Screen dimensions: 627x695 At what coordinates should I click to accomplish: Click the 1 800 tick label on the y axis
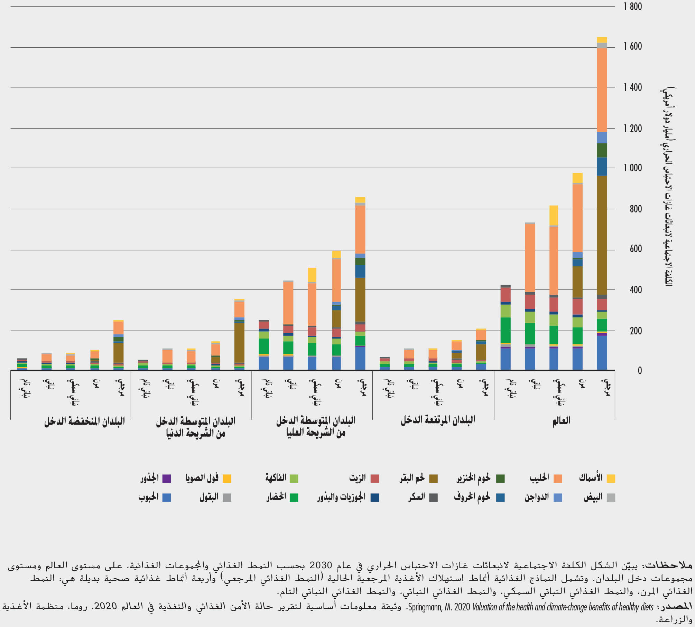[x=632, y=7]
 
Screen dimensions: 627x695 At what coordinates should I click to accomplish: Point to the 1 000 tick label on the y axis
[x=632, y=168]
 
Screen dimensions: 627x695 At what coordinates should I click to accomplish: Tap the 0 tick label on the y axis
[x=640, y=371]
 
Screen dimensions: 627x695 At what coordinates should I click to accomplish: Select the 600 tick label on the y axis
[x=636, y=249]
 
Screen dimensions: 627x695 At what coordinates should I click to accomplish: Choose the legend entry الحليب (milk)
[x=539, y=478]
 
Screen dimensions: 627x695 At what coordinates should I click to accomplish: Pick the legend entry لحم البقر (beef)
[x=412, y=478]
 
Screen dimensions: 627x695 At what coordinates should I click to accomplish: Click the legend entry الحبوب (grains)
[x=149, y=497]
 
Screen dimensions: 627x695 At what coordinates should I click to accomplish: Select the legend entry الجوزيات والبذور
[x=341, y=497]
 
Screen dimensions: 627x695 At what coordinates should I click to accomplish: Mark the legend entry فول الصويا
[x=202, y=478]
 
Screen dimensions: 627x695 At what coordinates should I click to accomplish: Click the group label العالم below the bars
[x=561, y=421]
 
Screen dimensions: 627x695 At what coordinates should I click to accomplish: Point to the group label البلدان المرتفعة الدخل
[x=438, y=420]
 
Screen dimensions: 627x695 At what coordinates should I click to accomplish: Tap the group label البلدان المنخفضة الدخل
[x=84, y=422]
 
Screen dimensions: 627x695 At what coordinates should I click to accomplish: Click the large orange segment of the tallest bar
[x=602, y=90]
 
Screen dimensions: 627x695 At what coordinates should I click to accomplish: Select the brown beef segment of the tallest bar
[x=602, y=235]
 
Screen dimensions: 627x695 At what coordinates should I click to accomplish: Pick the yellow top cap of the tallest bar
[x=602, y=40]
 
